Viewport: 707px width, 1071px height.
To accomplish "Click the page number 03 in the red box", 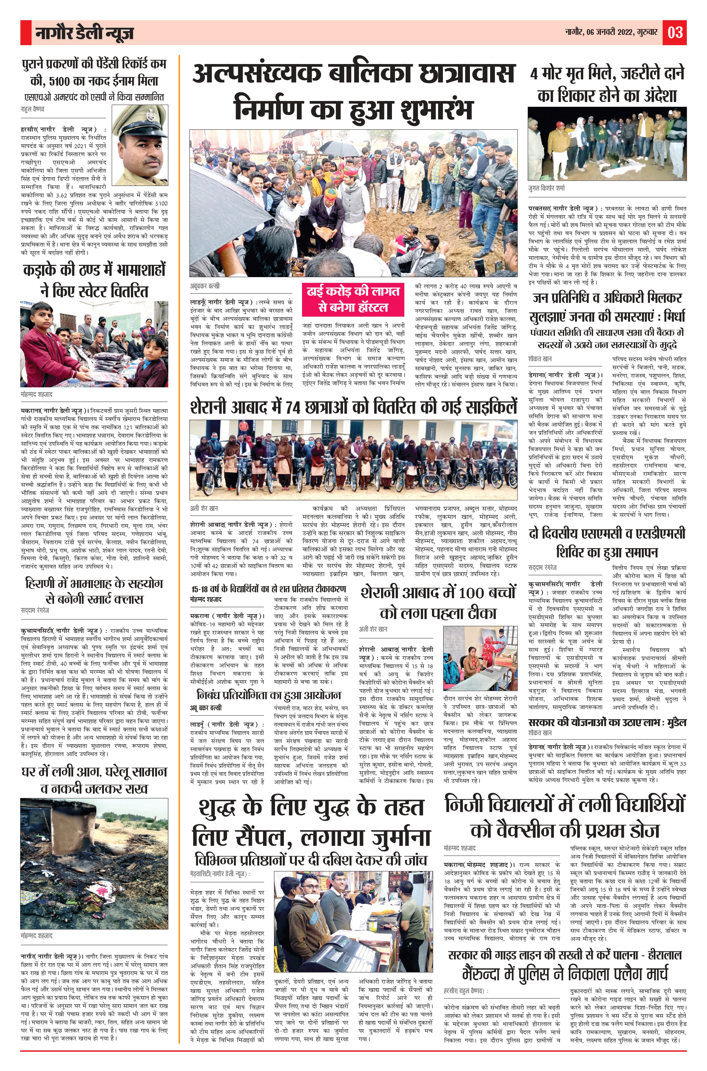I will coord(675,33).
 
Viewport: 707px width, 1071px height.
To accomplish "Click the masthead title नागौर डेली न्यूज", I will coord(84,33).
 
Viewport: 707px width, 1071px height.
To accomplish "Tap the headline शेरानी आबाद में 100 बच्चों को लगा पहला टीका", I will coord(438,603).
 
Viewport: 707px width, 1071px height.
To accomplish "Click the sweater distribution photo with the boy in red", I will coord(94,344).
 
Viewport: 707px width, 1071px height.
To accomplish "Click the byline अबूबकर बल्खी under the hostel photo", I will coord(205,286).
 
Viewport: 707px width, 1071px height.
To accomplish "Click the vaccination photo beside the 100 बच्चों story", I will coord(480,657).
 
